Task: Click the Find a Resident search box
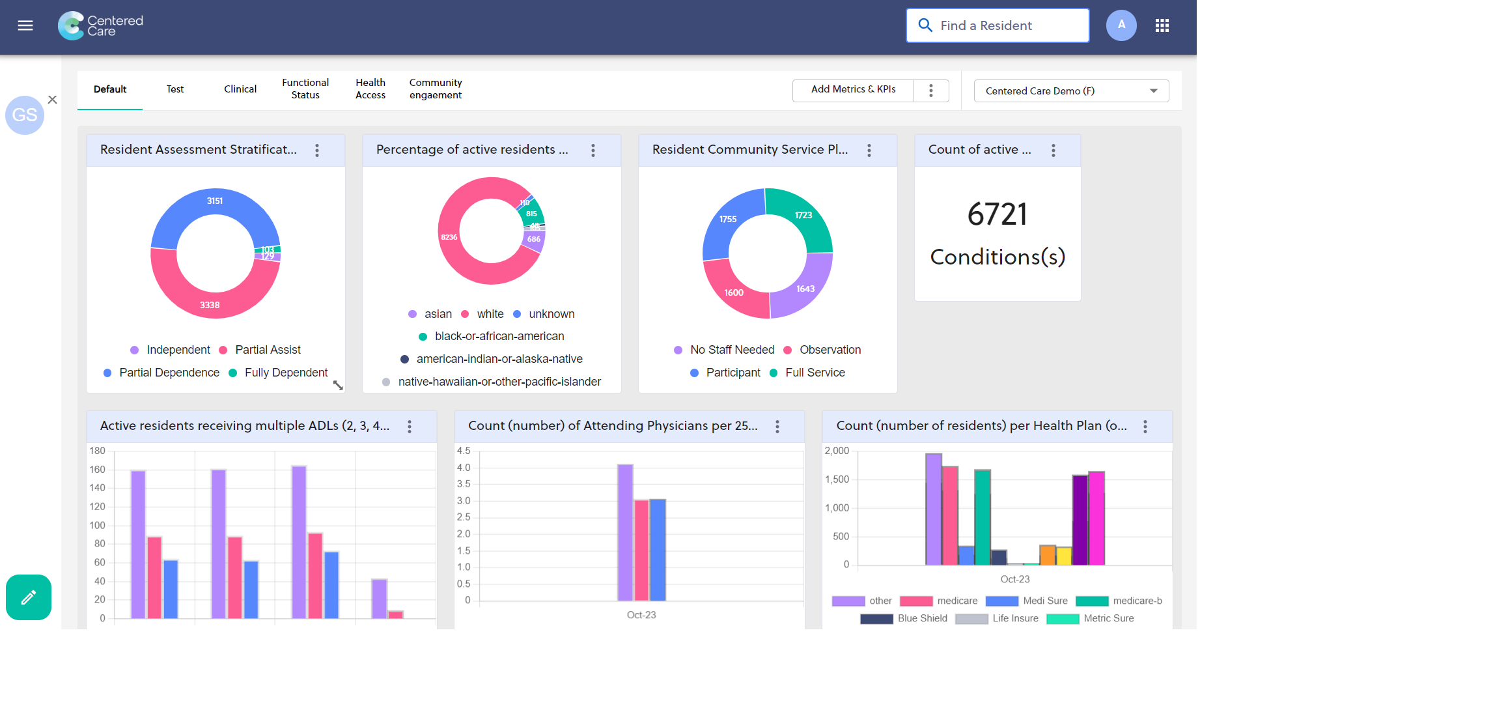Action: tap(998, 25)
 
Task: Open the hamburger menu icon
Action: tap(25, 25)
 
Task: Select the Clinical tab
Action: tap(240, 89)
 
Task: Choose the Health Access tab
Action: tap(370, 89)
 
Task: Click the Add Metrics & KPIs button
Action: tap(853, 90)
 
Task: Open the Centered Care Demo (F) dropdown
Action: tap(1071, 91)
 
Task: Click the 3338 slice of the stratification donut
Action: tap(210, 304)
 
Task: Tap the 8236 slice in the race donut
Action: tap(449, 237)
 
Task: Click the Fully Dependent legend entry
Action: tap(285, 373)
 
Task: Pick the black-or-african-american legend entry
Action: tap(499, 337)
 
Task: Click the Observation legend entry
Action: tap(830, 350)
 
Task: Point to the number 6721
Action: tap(997, 214)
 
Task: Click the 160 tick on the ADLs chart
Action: tap(98, 470)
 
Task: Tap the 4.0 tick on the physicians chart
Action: tap(464, 468)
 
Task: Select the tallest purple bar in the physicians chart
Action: tap(625, 532)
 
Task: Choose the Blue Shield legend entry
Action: tap(921, 619)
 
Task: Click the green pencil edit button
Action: tap(29, 597)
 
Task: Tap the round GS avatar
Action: tap(25, 115)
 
